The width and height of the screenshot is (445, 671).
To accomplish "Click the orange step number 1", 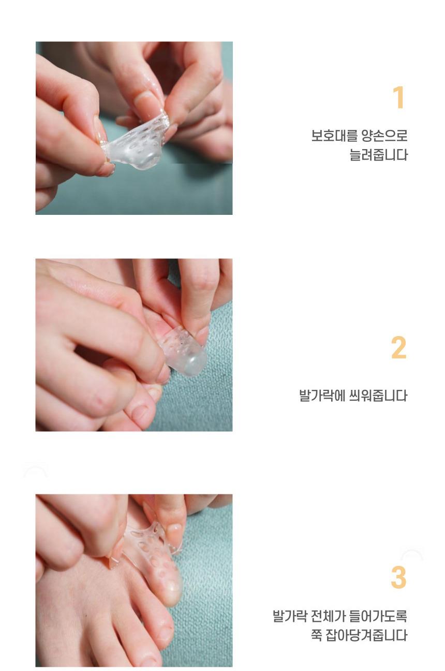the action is point(399,97).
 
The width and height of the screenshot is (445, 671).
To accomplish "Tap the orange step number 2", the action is point(398,347).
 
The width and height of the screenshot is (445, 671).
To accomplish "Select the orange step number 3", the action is point(398,577).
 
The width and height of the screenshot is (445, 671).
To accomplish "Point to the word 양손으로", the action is point(385,136).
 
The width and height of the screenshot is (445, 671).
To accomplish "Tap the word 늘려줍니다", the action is point(379,155).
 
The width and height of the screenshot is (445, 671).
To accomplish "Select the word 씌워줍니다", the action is point(379,396).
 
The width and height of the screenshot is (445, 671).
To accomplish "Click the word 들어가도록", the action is point(379,616).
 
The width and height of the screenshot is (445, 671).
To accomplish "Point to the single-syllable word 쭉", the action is point(316,635).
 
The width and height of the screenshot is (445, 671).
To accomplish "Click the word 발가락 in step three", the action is point(290,616).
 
